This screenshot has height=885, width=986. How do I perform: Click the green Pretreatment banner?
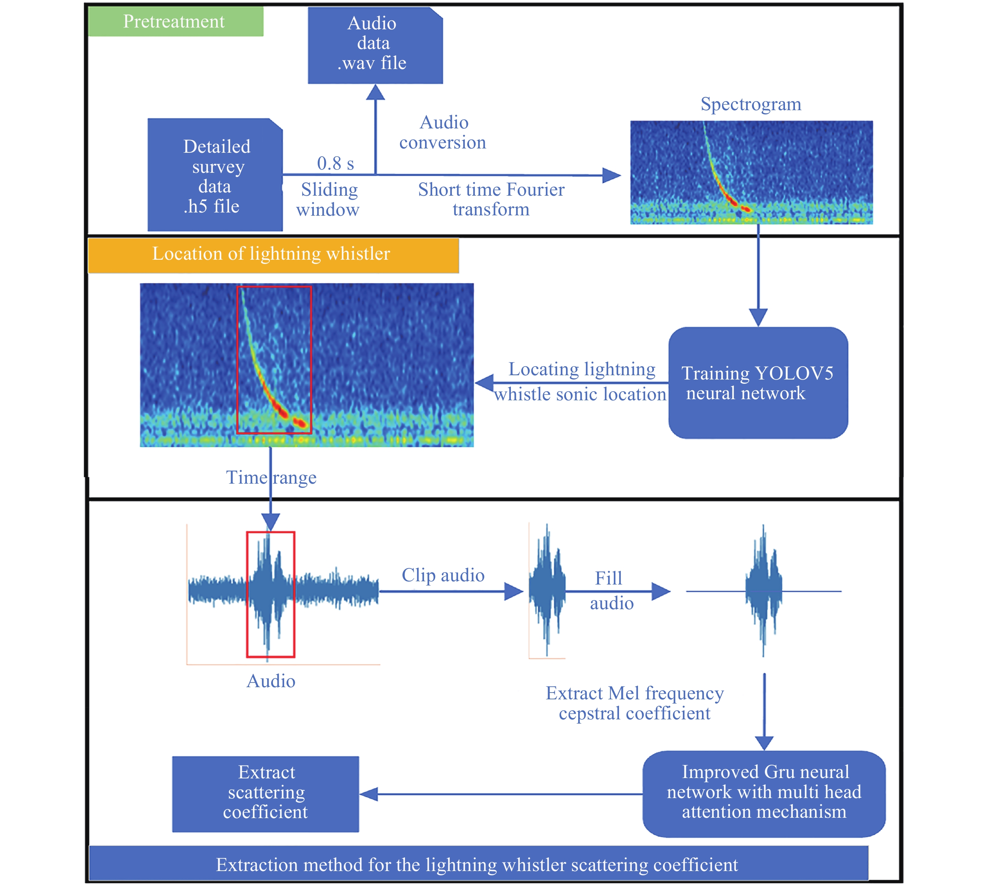[176, 22]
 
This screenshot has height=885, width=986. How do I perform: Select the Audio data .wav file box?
[375, 45]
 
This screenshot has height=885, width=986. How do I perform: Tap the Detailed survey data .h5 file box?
[215, 175]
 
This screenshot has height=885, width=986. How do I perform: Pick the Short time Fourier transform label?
[491, 199]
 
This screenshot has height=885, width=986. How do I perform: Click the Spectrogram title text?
[750, 104]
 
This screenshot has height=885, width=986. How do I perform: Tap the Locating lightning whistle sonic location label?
[581, 382]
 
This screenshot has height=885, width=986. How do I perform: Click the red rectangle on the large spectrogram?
[274, 360]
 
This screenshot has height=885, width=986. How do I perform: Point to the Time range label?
[271, 478]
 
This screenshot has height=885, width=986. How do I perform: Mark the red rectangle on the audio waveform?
[270, 594]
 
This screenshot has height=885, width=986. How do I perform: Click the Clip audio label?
[443, 575]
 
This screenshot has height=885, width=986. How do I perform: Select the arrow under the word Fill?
[618, 591]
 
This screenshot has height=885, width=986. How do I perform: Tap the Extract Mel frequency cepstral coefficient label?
[634, 703]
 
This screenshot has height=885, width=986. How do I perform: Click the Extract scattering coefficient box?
[265, 793]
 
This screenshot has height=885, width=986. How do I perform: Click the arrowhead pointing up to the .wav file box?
[375, 92]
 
